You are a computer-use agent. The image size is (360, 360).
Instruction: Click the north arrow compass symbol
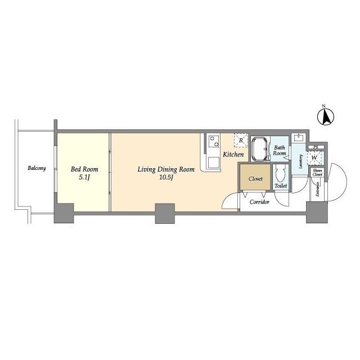[325, 117]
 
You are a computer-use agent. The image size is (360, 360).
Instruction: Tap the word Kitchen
[232, 154]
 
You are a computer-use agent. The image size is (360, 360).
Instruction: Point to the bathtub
[259, 149]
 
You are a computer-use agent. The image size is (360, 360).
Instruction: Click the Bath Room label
[280, 150]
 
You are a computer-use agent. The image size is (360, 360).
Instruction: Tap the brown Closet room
[255, 179]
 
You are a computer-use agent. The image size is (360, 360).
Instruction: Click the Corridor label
[259, 201]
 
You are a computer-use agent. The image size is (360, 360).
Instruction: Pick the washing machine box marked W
[314, 157]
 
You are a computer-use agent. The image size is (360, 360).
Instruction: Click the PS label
[316, 147]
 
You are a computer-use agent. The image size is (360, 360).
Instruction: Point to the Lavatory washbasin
[298, 138]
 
